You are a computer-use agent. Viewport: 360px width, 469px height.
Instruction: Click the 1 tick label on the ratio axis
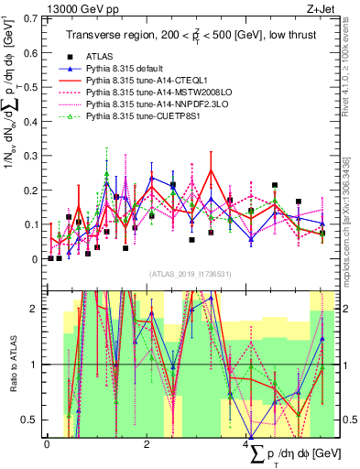(x=37, y=365)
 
